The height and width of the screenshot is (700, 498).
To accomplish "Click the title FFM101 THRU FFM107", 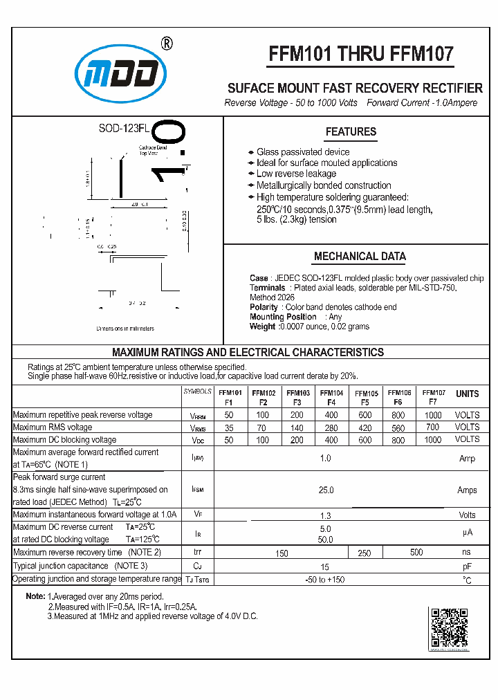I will coord(360,55).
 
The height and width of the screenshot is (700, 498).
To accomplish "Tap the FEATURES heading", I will coord(351,131).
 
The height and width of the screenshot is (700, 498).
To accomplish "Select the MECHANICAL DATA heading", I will coord(360,256).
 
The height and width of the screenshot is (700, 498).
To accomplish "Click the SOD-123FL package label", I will coord(124,129).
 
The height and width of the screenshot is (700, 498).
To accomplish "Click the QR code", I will coord(450,628).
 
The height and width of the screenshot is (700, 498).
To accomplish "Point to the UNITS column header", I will coord(467,394).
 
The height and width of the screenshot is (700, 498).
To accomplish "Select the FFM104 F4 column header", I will coord(331,397).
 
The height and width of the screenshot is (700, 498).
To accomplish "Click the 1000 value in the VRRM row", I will coord(432,415).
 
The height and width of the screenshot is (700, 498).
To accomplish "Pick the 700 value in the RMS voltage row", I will coord(432,427).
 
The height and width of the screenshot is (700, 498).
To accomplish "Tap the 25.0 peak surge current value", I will coord(326,490).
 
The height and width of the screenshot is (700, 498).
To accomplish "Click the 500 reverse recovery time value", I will coord(416,552).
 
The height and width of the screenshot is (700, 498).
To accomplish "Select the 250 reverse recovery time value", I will coord(365,553).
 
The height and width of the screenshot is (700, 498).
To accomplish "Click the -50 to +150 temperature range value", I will coord(324,579).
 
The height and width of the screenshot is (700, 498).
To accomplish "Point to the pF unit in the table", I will coord(467,566).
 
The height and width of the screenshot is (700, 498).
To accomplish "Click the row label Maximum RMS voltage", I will coord(53,427).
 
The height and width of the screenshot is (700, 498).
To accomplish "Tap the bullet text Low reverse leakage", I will coord(296,174).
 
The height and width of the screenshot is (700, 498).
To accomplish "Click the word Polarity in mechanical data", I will coord(264,307).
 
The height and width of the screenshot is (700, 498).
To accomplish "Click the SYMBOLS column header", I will coord(198,392).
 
